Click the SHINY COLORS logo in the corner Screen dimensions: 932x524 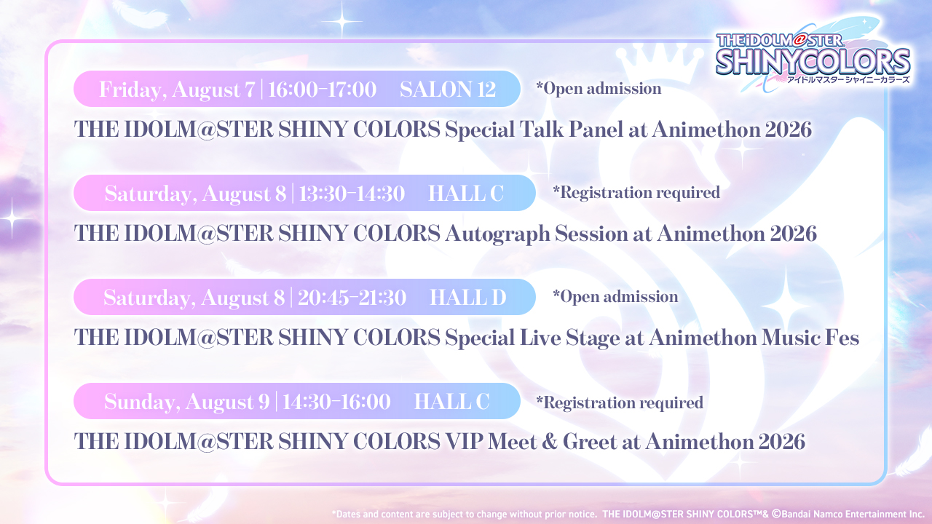click(x=813, y=57)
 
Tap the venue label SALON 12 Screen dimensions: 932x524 click(x=448, y=90)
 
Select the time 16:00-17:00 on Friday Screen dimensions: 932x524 click(x=322, y=90)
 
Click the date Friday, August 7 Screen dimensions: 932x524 click(x=177, y=90)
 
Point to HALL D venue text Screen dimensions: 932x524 click(x=468, y=298)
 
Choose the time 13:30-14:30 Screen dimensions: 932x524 click(x=352, y=194)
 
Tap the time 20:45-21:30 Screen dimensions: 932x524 click(x=352, y=298)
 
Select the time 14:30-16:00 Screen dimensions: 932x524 click(x=336, y=402)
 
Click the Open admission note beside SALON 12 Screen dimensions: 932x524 click(x=599, y=89)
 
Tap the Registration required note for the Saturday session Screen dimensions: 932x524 click(x=636, y=193)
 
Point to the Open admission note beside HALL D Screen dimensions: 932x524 click(x=615, y=297)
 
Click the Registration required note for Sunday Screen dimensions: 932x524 click(x=620, y=403)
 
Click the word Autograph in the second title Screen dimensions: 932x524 click(x=497, y=234)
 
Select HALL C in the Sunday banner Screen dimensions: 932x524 click(x=452, y=402)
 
